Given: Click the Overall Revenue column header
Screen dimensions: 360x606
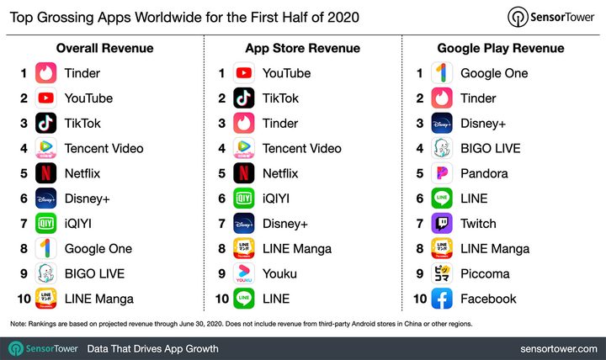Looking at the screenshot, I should coord(104,48).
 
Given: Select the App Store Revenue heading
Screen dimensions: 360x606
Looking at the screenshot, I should coord(302,48).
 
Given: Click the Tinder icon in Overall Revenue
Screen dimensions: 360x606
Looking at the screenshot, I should coord(46,73).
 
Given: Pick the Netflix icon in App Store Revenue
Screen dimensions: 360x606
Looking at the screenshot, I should coord(244,173).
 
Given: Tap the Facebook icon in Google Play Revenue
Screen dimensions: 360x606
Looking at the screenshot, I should coord(443,299).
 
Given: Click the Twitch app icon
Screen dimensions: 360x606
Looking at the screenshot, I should coord(443,224).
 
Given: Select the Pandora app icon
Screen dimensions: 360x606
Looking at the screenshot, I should coord(443,173).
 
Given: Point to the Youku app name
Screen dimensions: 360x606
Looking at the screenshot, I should coord(280,273).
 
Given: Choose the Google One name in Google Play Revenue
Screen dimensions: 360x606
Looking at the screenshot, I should coord(494,73).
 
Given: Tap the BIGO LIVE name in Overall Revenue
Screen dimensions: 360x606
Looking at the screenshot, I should coord(94,273).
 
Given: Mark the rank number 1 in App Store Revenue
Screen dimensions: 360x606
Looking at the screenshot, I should coord(221,73).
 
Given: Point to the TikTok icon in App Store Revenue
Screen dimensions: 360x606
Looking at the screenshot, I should coord(244,98).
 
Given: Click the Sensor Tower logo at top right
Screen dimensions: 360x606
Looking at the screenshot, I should coord(550,17).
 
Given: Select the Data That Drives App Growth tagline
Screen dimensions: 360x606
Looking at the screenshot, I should coord(153,348).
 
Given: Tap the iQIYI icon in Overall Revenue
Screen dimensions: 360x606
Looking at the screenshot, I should coord(46,224).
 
